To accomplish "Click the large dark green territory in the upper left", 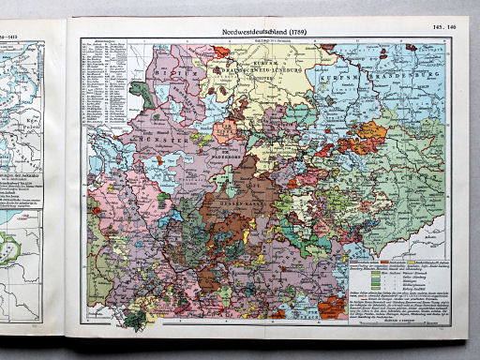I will pos(141,92).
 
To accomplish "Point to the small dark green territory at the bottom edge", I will pos(138,320).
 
